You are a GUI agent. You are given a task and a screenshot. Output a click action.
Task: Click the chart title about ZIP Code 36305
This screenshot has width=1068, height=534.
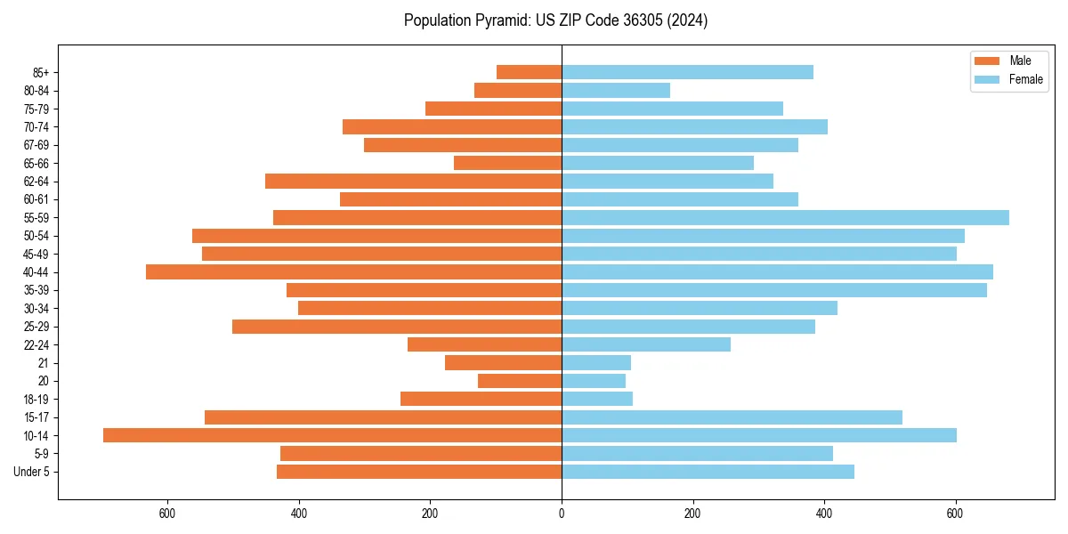(x=555, y=20)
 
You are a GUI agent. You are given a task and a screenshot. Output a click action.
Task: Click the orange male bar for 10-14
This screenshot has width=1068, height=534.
(x=332, y=435)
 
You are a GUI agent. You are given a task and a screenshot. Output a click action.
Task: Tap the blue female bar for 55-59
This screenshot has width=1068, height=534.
(x=785, y=218)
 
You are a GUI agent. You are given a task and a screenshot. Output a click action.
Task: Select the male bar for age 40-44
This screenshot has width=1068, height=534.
(x=353, y=272)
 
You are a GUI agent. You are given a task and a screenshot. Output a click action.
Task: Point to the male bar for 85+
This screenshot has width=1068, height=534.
(x=529, y=72)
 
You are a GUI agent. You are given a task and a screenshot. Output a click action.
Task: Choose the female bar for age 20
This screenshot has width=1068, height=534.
(x=594, y=381)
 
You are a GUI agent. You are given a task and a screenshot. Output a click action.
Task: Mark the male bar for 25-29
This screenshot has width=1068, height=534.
(x=397, y=327)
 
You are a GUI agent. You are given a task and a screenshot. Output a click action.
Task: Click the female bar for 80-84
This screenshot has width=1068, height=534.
(x=616, y=91)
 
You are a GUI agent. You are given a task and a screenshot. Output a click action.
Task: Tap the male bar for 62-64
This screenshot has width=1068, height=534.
(x=413, y=182)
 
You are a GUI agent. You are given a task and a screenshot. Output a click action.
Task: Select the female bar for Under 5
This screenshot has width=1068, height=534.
(x=708, y=472)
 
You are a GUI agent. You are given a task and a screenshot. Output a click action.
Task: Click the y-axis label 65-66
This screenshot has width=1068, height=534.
(x=36, y=164)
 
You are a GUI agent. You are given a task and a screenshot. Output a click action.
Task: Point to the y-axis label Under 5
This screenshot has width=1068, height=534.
(x=32, y=472)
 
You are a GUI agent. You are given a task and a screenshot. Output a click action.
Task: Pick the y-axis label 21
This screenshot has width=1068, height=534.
(x=43, y=363)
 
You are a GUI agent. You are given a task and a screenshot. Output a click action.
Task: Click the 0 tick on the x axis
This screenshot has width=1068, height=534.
(x=562, y=514)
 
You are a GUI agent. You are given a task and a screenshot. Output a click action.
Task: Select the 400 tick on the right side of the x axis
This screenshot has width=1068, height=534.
(x=824, y=514)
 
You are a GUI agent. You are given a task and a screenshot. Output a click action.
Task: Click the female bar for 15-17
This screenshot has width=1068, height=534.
(x=732, y=417)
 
